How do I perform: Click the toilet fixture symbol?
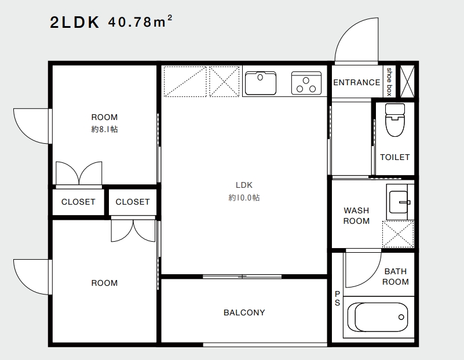(395, 119)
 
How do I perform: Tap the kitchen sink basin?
(261, 83)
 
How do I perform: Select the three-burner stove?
(306, 83)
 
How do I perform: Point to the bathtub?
(378, 317)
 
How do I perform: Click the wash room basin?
(399, 202)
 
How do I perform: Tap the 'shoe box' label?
(389, 82)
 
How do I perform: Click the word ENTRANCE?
(357, 82)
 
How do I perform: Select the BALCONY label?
(244, 312)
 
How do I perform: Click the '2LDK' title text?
(75, 22)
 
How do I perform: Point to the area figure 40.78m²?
(140, 21)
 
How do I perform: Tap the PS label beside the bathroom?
(337, 298)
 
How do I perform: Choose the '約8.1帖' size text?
(104, 129)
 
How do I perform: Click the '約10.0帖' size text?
(244, 198)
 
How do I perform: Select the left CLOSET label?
(78, 202)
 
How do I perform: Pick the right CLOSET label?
(133, 202)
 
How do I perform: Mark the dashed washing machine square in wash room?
(398, 234)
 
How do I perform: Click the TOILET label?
(394, 157)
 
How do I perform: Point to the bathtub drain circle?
(401, 317)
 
